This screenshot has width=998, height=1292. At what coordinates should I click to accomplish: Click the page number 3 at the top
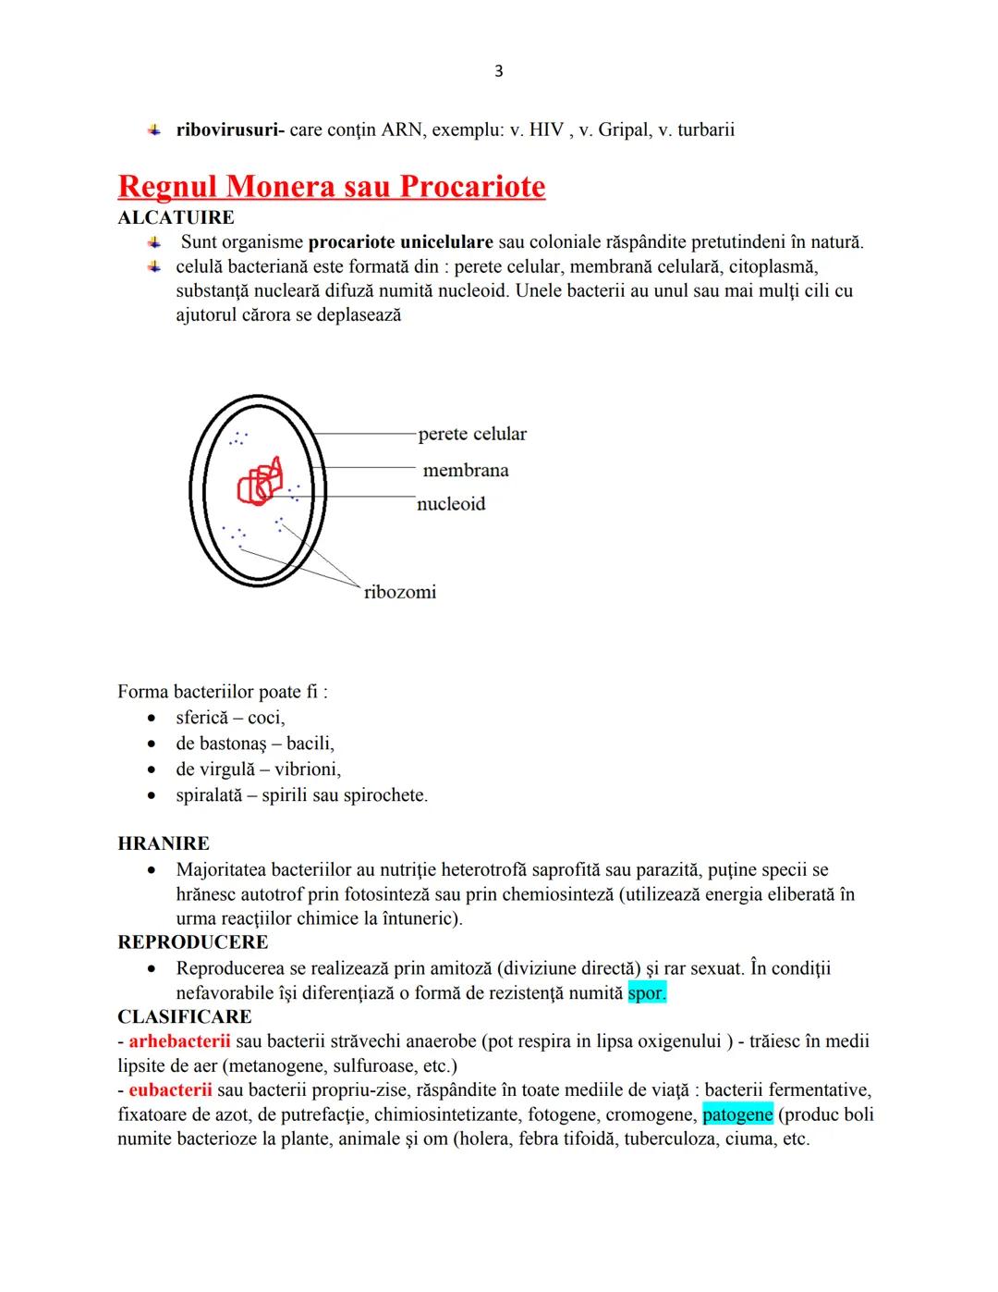pyautogui.click(x=499, y=71)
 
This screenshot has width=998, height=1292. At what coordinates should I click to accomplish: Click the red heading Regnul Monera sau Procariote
pyautogui.click(x=331, y=186)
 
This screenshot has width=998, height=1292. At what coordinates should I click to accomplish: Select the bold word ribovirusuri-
pyautogui.click(x=229, y=129)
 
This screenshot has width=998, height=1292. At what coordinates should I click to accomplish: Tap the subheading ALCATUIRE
pyautogui.click(x=176, y=217)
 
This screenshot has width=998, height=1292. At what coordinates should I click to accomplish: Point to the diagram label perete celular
pyautogui.click(x=471, y=434)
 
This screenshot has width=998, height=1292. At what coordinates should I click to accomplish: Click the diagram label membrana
pyautogui.click(x=466, y=470)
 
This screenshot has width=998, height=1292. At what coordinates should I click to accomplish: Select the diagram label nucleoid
pyautogui.click(x=451, y=503)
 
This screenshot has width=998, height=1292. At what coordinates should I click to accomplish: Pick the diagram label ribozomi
pyautogui.click(x=399, y=592)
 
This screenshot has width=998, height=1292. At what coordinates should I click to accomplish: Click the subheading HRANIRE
pyautogui.click(x=164, y=843)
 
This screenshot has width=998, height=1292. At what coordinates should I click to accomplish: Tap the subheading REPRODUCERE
pyautogui.click(x=193, y=942)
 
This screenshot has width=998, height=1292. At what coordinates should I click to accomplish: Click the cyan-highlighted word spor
pyautogui.click(x=646, y=993)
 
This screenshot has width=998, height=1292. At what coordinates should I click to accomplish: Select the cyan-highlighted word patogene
pyautogui.click(x=737, y=1114)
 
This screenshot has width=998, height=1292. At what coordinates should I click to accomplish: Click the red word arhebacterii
pyautogui.click(x=179, y=1041)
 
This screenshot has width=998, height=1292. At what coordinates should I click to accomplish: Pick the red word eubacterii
pyautogui.click(x=170, y=1090)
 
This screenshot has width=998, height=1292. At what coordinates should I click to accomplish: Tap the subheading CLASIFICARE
pyautogui.click(x=185, y=1016)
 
